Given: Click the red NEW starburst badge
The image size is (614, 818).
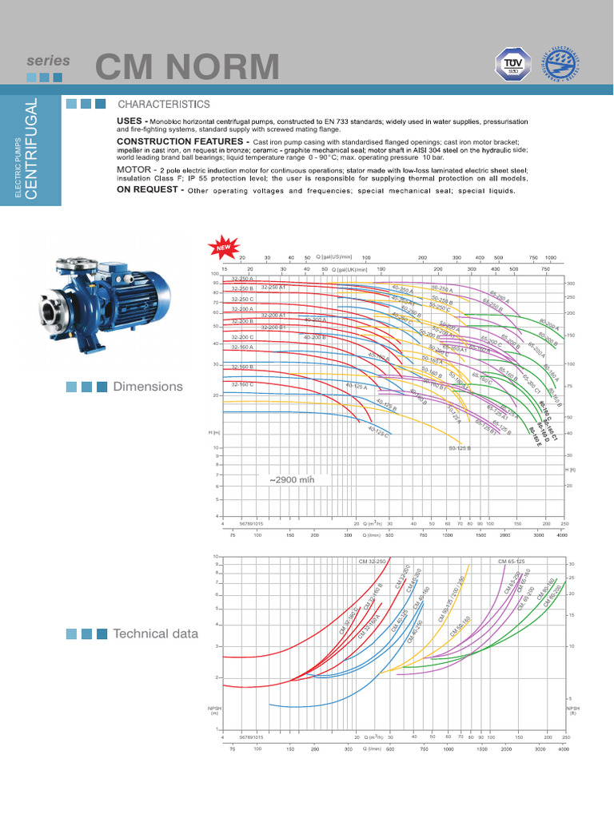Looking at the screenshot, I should [220, 247].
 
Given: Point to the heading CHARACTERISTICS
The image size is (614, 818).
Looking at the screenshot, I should [164, 105].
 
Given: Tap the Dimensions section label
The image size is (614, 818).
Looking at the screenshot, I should [148, 387].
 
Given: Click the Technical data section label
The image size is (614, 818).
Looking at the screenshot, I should [155, 633].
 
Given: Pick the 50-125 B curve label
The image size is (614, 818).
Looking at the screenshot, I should [460, 448].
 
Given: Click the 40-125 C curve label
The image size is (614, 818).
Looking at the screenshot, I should [378, 432].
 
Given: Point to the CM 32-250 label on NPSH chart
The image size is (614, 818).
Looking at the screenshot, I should [373, 562].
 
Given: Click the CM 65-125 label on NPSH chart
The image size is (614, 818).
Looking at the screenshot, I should [512, 562].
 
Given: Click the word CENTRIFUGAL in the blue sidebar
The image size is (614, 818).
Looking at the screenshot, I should [31, 149].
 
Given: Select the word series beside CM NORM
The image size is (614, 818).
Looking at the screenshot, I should [48, 61].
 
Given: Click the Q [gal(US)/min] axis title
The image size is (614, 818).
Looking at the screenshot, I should [333, 257].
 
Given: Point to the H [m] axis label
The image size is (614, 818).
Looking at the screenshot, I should [213, 432].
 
